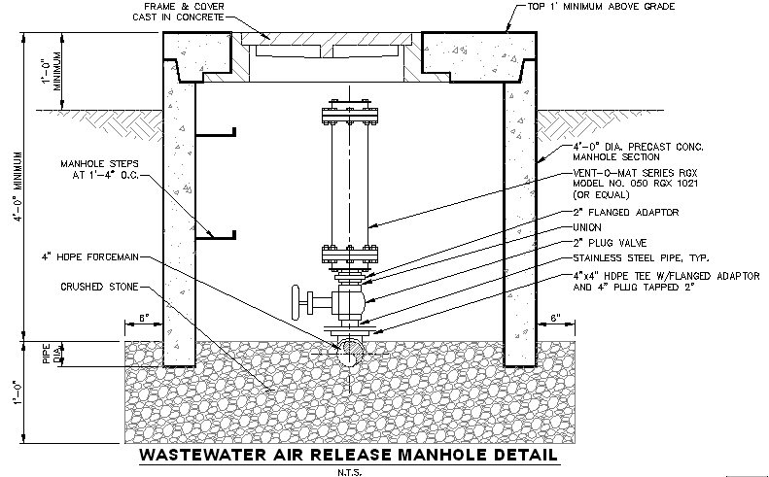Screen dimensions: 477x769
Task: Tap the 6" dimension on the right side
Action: click(x=555, y=319)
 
